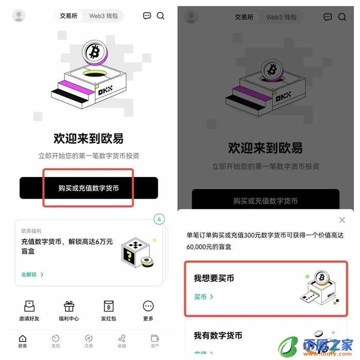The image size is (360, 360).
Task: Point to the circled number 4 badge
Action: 159,220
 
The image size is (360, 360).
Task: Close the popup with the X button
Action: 343,220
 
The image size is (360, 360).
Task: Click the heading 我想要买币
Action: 214,278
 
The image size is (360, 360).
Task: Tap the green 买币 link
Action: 204,297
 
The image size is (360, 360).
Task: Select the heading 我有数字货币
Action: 218,335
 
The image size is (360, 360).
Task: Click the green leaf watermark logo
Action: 288,344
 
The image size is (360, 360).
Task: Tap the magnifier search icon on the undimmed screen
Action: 160,16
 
